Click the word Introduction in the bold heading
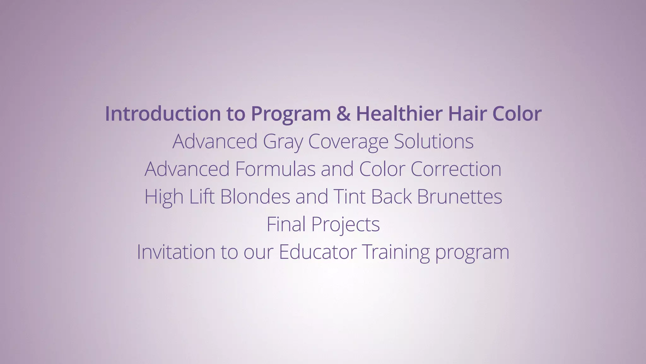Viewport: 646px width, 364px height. pyautogui.click(x=163, y=113)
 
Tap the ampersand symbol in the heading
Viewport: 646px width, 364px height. pyautogui.click(x=343, y=113)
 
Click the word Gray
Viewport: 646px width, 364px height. pyautogui.click(x=283, y=142)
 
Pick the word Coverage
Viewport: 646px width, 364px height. pyautogui.click(x=348, y=142)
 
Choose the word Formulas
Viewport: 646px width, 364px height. pyautogui.click(x=275, y=169)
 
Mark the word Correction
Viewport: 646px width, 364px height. pyautogui.click(x=456, y=169)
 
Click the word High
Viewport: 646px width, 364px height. pyautogui.click(x=164, y=197)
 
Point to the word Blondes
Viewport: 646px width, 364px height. pyautogui.click(x=255, y=196)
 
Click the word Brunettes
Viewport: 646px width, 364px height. pyautogui.click(x=459, y=196)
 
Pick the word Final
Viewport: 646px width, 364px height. pyautogui.click(x=286, y=224)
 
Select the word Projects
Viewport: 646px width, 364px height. pyautogui.click(x=345, y=225)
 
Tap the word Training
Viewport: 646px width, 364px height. pyautogui.click(x=396, y=252)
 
